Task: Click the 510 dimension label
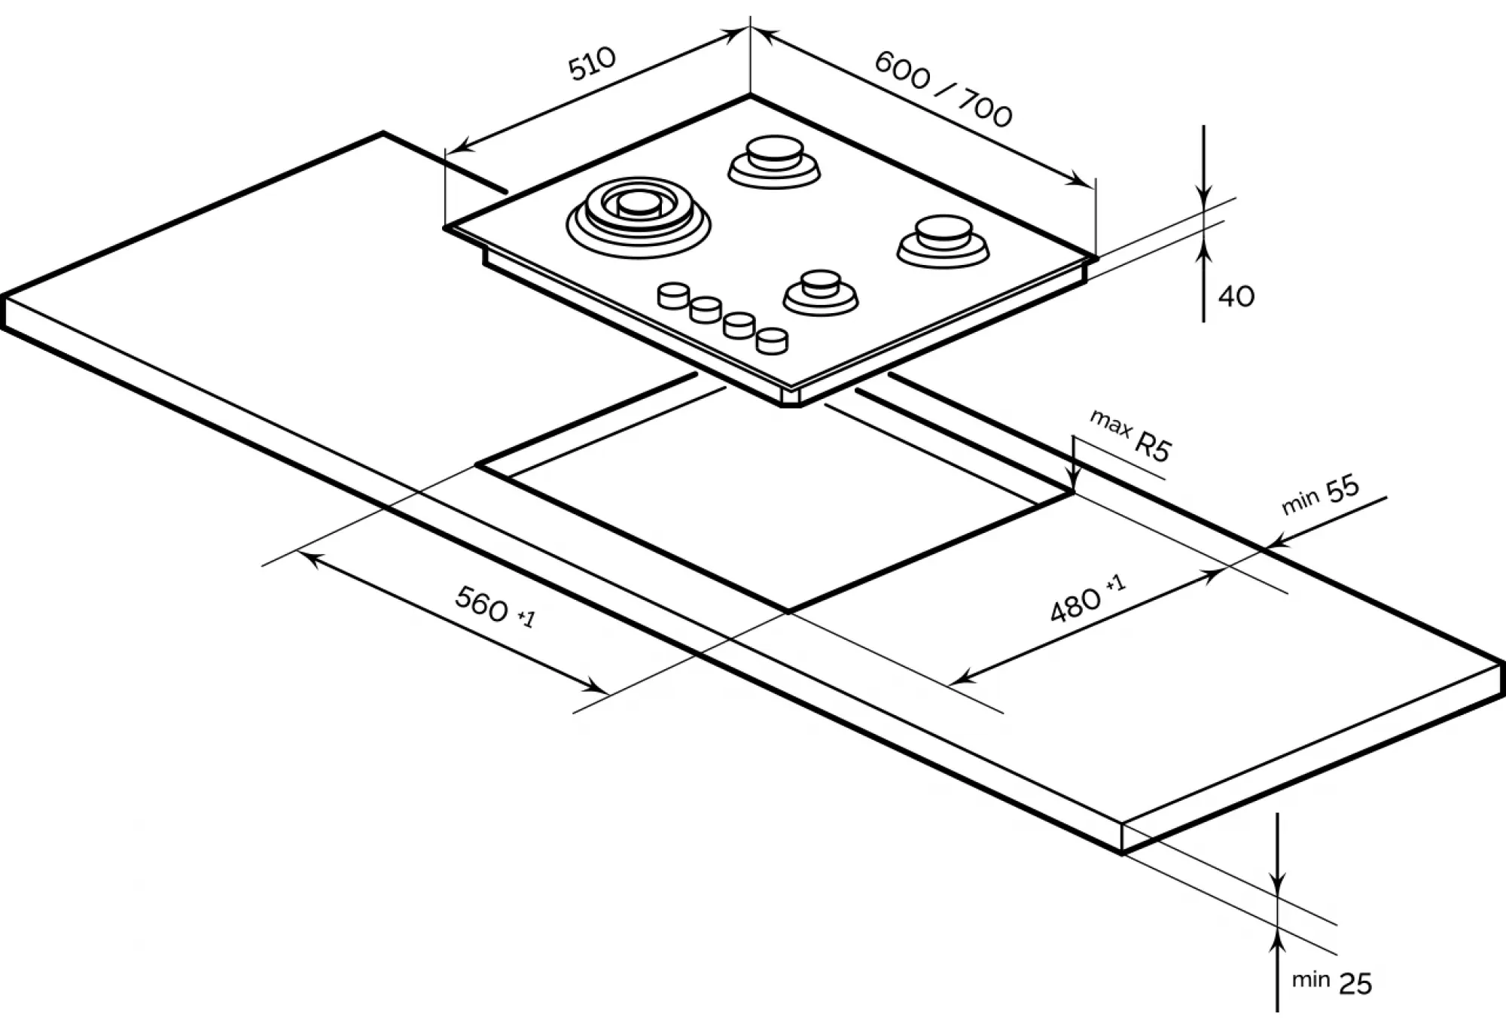(x=592, y=63)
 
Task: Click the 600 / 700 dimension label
(x=943, y=90)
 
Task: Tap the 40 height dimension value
(x=1236, y=297)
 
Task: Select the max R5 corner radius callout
(x=1131, y=436)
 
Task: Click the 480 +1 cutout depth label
(x=1087, y=599)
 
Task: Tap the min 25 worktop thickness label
(x=1331, y=982)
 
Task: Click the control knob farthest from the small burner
(x=673, y=295)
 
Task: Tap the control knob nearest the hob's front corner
(x=772, y=340)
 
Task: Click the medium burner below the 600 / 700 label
(x=774, y=160)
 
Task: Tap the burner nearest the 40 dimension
(x=943, y=240)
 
